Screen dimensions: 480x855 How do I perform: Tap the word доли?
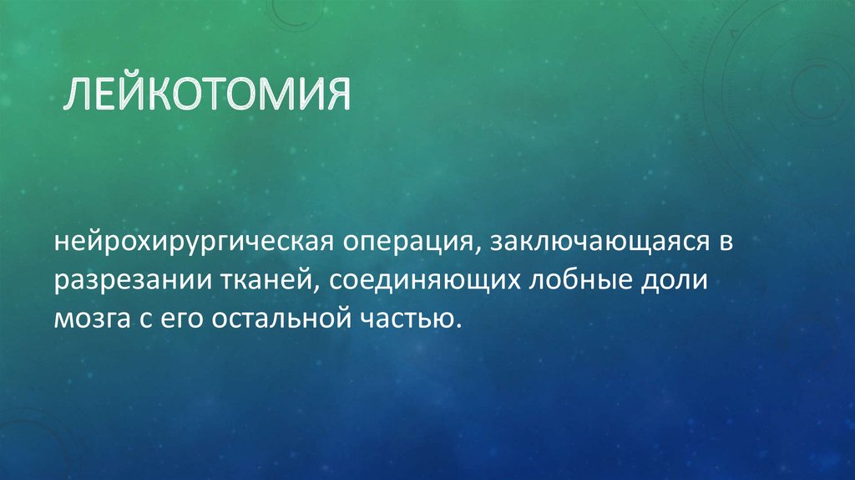click(x=677, y=281)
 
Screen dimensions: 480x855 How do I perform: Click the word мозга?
click(x=88, y=319)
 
